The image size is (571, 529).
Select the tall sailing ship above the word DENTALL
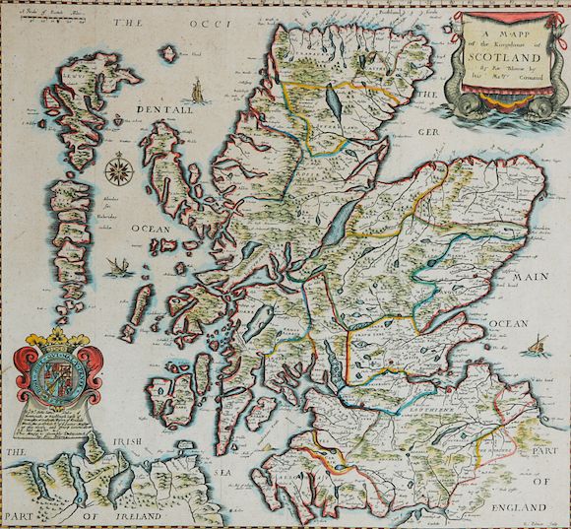click(x=198, y=88)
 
